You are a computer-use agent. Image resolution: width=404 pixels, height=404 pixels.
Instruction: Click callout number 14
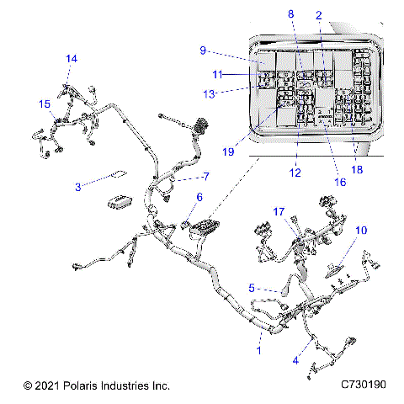point(72,59)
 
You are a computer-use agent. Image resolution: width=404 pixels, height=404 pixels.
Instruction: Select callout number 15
point(43,104)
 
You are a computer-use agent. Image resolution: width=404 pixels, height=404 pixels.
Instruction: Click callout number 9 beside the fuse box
point(203,50)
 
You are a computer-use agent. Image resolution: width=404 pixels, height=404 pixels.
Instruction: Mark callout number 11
point(217,75)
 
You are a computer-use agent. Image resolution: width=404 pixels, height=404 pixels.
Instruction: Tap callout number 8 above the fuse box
point(291,14)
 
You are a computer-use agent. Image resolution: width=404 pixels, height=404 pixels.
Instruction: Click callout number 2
point(318,15)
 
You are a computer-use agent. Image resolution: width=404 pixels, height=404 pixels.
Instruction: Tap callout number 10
point(362,230)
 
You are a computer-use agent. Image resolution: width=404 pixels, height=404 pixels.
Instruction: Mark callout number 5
point(251,287)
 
